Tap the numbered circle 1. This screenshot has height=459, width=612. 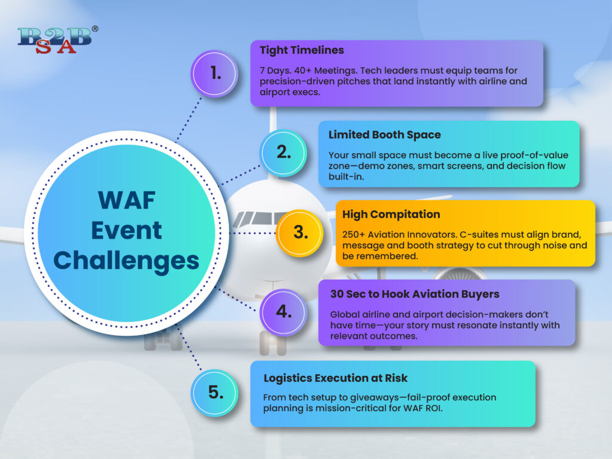pyautogui.click(x=215, y=74)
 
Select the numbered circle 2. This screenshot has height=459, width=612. pyautogui.click(x=283, y=152)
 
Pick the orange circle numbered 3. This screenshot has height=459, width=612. pyautogui.click(x=300, y=233)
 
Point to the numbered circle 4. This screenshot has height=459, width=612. pyautogui.click(x=283, y=312)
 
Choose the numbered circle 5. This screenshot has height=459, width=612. pyautogui.click(x=215, y=393)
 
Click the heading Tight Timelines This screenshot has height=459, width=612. pyautogui.click(x=302, y=50)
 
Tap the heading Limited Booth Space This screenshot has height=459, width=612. pyautogui.click(x=384, y=134)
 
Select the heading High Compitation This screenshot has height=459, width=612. pyautogui.click(x=391, y=215)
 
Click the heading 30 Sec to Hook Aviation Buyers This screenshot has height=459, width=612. pyautogui.click(x=415, y=294)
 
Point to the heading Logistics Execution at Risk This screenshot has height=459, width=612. pyautogui.click(x=335, y=378)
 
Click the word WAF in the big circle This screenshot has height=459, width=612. pyautogui.click(x=127, y=201)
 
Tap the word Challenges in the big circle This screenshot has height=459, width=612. pyautogui.click(x=126, y=261)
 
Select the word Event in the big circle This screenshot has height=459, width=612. pyautogui.click(x=126, y=230)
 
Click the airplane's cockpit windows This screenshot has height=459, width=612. pyautogui.click(x=256, y=219)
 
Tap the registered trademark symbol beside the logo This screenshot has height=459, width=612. pyautogui.click(x=95, y=29)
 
